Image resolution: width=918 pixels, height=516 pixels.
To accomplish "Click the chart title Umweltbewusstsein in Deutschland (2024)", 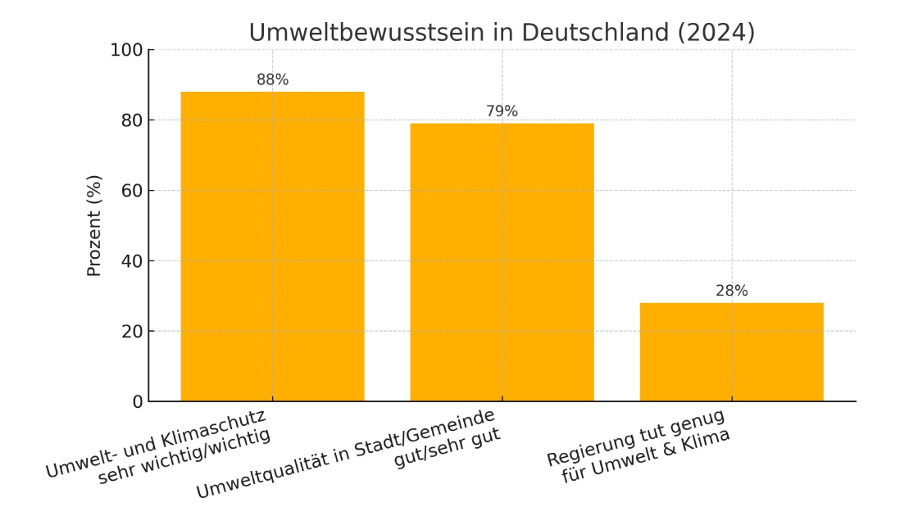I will [502, 32].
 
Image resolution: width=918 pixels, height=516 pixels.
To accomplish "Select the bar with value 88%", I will [272, 246].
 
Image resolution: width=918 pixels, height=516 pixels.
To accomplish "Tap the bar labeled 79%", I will [502, 262].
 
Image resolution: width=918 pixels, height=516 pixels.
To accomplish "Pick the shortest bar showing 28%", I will [731, 352].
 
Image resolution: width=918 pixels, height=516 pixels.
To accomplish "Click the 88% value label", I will [272, 79].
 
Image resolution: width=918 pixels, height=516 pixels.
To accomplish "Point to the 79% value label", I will [502, 111].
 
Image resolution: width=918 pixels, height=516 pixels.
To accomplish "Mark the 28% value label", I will [731, 291].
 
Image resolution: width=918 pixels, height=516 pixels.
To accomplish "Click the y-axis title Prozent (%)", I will [94, 225].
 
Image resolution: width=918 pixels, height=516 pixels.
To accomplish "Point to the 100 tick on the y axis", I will [126, 50].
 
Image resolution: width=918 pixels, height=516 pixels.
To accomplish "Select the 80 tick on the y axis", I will [131, 120].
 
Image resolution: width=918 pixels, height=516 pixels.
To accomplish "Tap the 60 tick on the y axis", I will [131, 191].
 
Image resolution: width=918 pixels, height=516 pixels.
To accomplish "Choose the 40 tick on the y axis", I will [131, 261].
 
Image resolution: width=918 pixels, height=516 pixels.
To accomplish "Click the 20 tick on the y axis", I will [131, 332].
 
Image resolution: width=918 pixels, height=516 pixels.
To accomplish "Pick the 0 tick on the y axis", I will [137, 402].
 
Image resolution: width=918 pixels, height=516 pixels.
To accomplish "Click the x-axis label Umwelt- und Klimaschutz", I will [156, 443].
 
